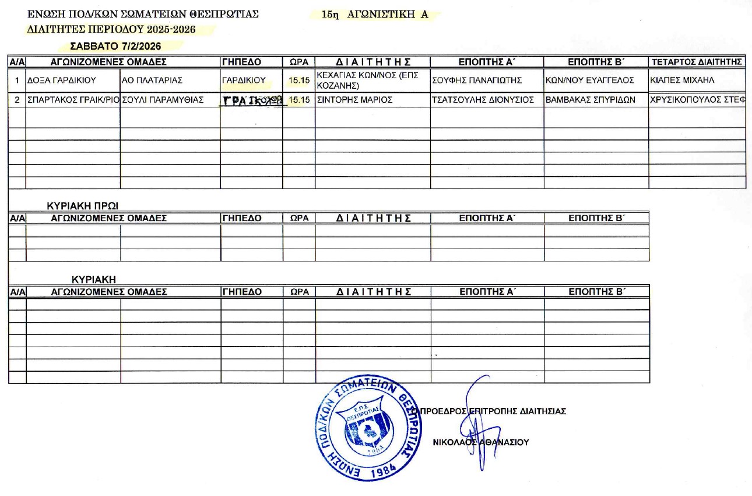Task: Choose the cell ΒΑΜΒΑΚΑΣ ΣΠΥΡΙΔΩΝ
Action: click(x=590, y=100)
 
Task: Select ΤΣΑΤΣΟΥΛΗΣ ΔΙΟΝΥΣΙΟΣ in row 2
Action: click(x=483, y=100)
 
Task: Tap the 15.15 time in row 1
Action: click(x=298, y=81)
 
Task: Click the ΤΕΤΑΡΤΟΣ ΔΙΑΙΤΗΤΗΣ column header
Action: click(x=697, y=62)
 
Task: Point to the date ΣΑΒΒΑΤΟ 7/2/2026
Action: click(x=115, y=46)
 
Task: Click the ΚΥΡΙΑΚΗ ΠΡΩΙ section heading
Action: click(x=87, y=205)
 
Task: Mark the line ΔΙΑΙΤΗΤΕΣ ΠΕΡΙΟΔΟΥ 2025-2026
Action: click(x=111, y=29)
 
